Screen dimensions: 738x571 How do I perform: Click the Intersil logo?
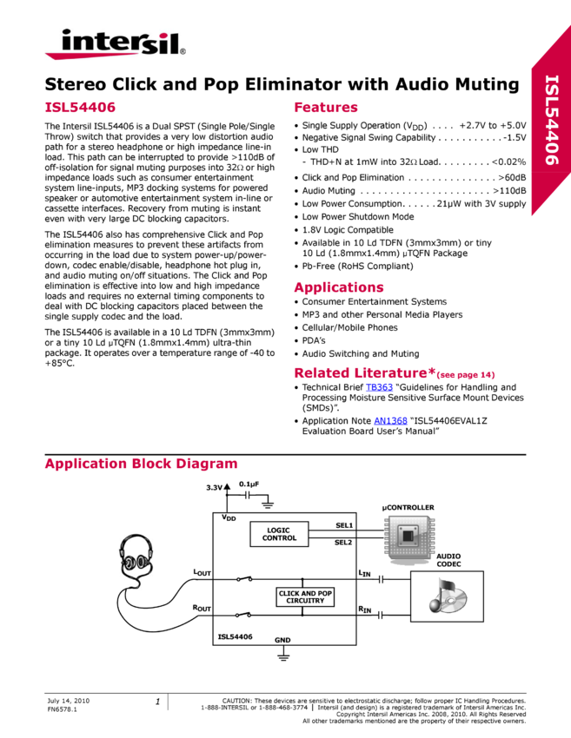[115, 43]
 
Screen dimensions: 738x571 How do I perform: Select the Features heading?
[326, 108]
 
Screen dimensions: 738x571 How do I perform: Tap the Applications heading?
[339, 287]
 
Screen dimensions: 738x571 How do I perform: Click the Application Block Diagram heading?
[141, 464]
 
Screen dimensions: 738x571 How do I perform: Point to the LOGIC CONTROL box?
[279, 534]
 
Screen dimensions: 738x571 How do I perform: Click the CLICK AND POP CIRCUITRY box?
[305, 596]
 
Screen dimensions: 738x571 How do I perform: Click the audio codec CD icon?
[446, 596]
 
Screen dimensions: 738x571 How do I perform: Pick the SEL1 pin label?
[344, 525]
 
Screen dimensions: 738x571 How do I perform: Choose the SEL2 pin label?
[344, 543]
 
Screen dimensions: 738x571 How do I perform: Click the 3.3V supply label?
[214, 488]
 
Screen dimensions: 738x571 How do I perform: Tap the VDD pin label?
[229, 518]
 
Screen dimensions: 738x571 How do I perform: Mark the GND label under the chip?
[282, 640]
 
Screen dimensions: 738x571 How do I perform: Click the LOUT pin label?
[202, 573]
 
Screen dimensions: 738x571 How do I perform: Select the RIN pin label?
[364, 610]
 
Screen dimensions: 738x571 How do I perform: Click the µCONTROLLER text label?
[408, 507]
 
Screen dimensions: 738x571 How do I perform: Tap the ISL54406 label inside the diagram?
[234, 636]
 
